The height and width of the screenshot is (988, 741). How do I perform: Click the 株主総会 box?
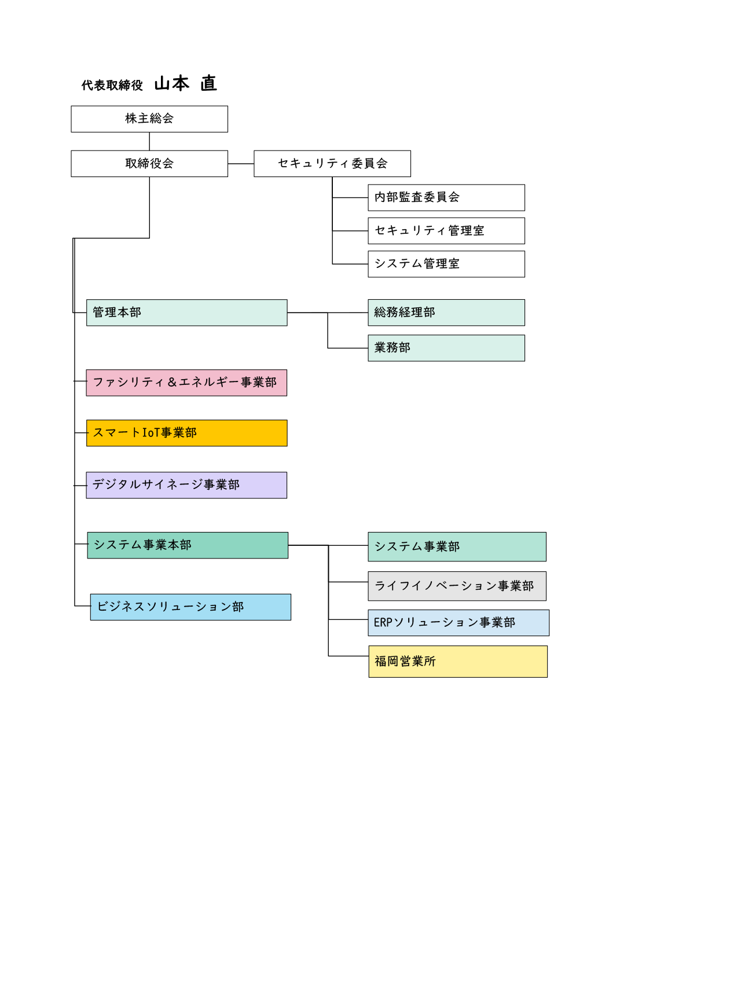149,119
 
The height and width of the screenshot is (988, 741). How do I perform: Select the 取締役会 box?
149,164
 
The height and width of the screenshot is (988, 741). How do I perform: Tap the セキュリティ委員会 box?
332,164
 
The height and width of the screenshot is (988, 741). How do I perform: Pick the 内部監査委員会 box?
446,197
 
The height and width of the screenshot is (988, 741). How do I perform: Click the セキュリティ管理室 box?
446,231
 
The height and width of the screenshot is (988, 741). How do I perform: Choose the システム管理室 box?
446,264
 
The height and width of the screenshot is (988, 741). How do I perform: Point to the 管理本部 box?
187,313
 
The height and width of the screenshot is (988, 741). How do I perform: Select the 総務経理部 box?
446,313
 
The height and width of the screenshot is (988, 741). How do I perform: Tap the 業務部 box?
446,348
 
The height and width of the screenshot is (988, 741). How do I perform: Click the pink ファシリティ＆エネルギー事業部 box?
186,383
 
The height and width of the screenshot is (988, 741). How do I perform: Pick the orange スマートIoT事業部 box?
187,433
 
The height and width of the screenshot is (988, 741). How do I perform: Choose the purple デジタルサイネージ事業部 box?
186,485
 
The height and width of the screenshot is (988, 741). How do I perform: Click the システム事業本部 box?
188,545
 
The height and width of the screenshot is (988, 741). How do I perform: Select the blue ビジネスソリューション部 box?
190,607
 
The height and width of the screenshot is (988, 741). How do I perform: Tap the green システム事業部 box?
457,547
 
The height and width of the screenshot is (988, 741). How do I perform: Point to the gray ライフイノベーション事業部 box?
457,586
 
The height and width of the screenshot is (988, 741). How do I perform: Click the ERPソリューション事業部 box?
458,623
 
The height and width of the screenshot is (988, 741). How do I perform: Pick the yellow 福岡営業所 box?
458,662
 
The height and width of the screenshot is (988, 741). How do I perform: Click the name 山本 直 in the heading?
185,84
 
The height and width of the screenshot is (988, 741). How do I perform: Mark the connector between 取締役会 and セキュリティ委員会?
241,164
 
